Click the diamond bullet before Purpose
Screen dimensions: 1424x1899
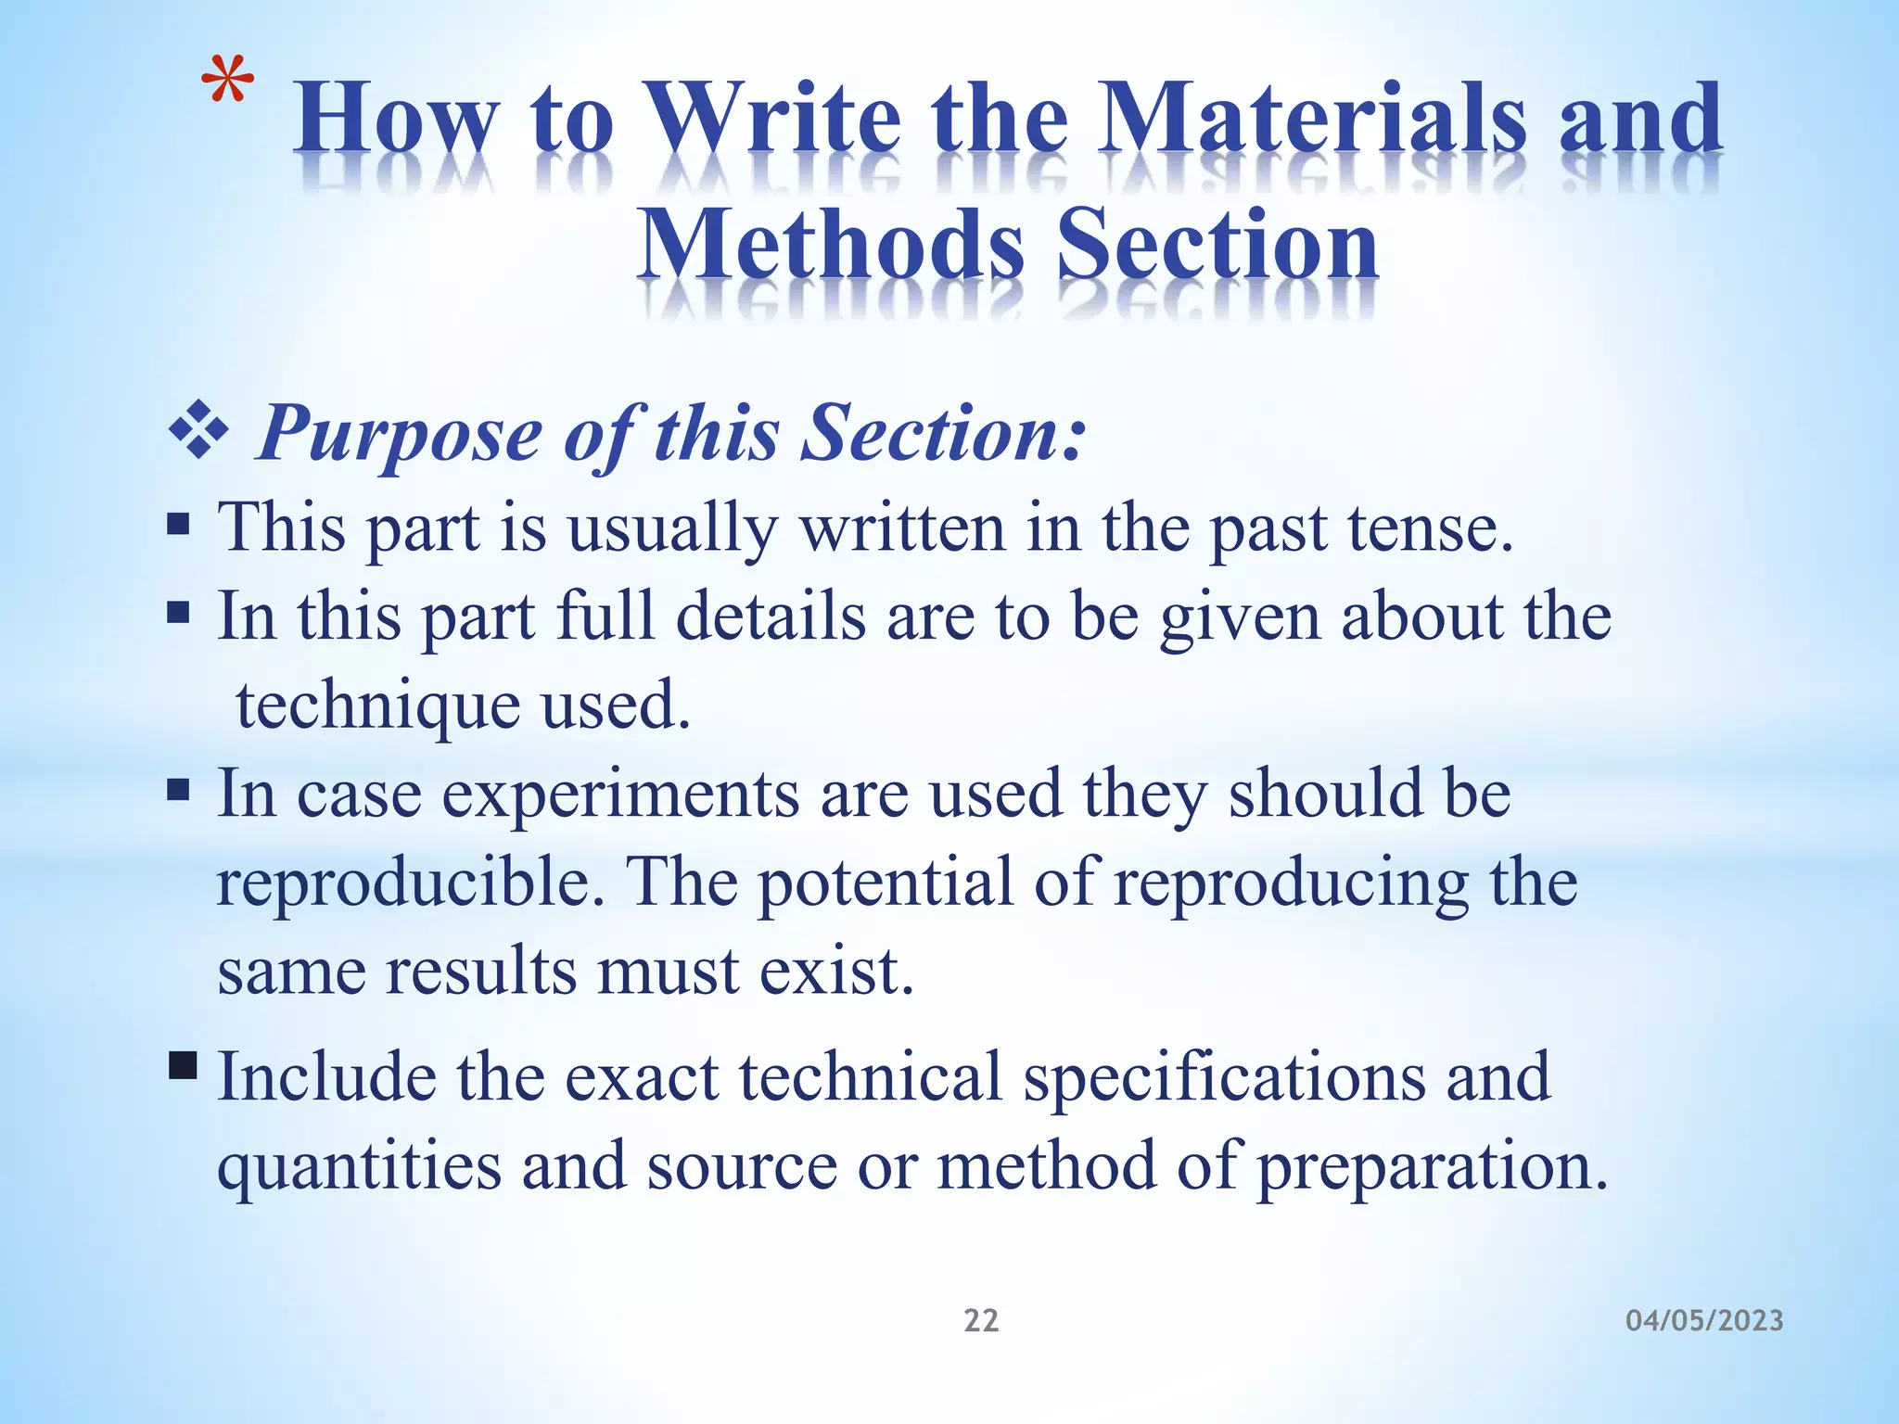click(198, 431)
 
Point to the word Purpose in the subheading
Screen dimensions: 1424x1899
click(400, 434)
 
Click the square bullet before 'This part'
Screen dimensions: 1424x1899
click(179, 527)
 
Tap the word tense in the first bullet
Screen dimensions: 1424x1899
click(1429, 528)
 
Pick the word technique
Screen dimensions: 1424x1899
click(377, 706)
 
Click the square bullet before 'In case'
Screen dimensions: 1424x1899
click(179, 791)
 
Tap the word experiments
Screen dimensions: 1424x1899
click(620, 795)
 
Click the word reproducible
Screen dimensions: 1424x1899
click(411, 883)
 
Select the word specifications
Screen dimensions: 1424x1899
click(1224, 1077)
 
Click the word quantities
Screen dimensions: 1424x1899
click(359, 1167)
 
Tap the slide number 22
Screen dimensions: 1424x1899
click(981, 1320)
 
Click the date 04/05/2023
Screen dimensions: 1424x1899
click(1704, 1320)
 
